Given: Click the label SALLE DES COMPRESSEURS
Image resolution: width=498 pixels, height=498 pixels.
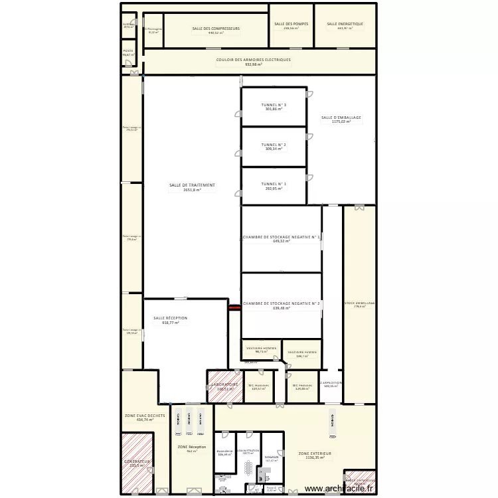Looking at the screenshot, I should (216, 29).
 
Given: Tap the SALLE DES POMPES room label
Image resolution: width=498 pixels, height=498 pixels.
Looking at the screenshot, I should (291, 24).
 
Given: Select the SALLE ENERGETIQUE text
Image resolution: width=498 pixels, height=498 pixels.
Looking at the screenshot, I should (345, 24).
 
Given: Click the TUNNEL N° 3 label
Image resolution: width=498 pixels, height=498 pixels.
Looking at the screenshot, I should (274, 105).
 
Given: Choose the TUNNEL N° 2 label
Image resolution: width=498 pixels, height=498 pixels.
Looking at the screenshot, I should (274, 144).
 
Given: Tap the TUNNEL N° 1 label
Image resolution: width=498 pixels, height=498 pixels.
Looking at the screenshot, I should (274, 184).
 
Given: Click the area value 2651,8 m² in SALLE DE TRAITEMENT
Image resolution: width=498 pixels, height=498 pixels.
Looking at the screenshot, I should (192, 190).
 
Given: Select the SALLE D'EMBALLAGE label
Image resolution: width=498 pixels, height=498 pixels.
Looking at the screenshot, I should (341, 118).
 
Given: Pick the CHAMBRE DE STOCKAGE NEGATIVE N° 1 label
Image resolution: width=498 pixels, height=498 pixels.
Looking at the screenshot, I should (281, 236).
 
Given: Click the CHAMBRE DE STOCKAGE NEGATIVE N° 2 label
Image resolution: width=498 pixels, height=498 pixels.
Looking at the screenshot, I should (281, 303).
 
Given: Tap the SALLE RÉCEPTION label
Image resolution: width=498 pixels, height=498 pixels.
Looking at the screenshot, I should (170, 318).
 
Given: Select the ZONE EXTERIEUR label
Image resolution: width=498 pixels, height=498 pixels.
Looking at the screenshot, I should (315, 453).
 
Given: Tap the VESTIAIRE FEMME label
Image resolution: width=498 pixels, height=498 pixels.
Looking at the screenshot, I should (302, 352).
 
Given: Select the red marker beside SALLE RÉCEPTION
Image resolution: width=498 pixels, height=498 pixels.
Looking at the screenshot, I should (234, 307).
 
